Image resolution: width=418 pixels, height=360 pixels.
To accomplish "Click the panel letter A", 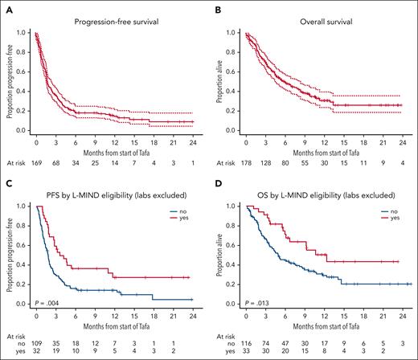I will [x=6, y=6].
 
